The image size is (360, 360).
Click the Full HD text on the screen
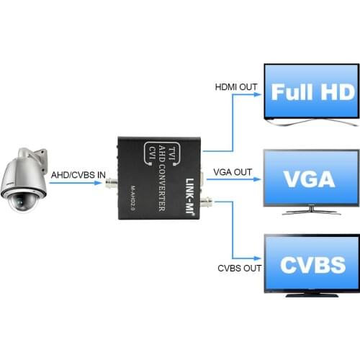tap(312, 92)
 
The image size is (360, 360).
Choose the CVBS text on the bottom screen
tap(312, 264)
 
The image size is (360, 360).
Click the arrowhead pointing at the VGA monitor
tap(260, 182)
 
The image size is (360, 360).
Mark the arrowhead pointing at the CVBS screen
tap(260, 257)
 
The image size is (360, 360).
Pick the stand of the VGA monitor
tap(310, 210)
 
